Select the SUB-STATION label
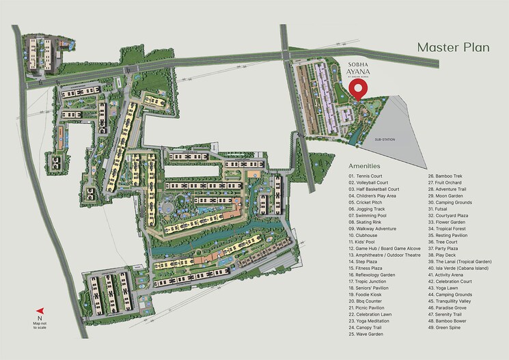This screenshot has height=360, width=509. pyautogui.click(x=385, y=139)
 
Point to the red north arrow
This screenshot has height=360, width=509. pyautogui.click(x=40, y=308)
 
